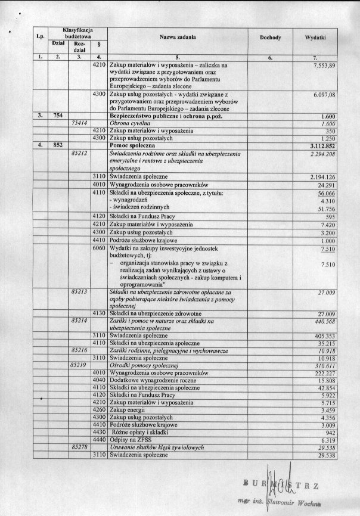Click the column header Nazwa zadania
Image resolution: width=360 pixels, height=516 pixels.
(x=178, y=38)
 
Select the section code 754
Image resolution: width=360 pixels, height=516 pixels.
(x=58, y=116)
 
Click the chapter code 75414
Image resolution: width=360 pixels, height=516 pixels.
(x=80, y=123)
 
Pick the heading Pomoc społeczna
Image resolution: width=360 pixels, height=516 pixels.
(x=136, y=145)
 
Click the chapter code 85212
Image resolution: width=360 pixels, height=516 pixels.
(x=80, y=153)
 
